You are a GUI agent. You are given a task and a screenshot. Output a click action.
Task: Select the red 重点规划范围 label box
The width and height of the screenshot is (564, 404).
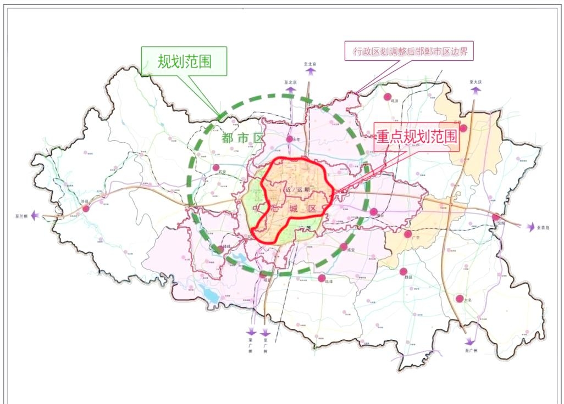[417, 137]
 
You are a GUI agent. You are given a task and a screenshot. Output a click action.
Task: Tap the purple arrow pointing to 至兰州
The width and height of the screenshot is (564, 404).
[35, 216]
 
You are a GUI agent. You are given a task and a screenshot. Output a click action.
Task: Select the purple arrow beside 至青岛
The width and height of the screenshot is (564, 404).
[531, 226]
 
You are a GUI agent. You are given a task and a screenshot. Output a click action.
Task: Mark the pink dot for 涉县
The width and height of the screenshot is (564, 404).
[86, 209]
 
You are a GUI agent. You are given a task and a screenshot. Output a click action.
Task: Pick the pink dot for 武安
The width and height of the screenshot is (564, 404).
[216, 167]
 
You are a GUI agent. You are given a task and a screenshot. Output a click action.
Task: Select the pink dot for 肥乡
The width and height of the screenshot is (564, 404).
[374, 212]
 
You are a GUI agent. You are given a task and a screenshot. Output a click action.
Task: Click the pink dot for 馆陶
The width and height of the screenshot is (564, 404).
[496, 217]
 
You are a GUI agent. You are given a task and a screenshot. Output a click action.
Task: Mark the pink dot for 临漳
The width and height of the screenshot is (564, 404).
[322, 278]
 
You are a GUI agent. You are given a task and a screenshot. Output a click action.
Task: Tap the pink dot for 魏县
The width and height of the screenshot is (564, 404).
[403, 271]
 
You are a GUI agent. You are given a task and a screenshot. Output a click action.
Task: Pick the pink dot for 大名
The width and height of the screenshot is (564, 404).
[460, 299]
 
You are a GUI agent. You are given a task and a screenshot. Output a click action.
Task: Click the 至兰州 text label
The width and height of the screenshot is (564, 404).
[21, 216]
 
